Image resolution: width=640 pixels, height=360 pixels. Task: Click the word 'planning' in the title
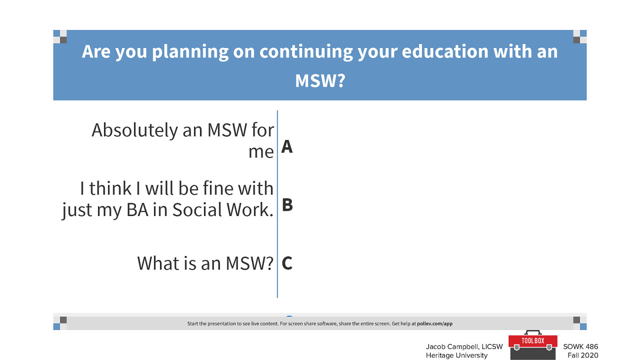coord(190,52)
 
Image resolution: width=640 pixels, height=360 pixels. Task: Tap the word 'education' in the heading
coord(445,52)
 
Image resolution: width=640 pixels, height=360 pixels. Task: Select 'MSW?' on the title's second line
coord(320,80)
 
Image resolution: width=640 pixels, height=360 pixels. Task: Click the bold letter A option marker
coord(287,146)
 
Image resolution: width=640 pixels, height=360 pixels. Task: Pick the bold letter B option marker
coord(287,204)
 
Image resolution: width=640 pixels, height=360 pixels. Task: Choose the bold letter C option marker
coord(287,263)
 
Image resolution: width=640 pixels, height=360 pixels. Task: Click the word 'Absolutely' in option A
coord(135,131)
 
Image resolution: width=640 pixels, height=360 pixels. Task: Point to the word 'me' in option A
coord(261,152)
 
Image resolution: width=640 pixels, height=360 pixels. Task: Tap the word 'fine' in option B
coord(218,188)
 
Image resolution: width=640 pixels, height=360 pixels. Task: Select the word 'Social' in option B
coord(197,210)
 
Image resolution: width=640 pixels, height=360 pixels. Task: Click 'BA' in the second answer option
coord(138,210)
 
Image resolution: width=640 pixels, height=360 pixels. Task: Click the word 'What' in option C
coord(158,263)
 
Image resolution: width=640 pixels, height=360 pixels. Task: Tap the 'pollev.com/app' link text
coord(434,324)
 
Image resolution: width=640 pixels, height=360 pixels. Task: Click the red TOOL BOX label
coord(533,340)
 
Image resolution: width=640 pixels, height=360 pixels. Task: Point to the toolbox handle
coord(533,332)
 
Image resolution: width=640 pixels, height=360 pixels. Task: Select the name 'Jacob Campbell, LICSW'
coord(464,347)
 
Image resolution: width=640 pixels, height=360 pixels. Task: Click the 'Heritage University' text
coord(456,356)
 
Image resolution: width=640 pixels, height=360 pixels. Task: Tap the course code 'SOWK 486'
coord(580,346)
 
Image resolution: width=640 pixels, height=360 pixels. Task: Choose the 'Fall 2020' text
coord(583,356)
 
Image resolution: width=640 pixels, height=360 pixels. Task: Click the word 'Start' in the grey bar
coord(192,324)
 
